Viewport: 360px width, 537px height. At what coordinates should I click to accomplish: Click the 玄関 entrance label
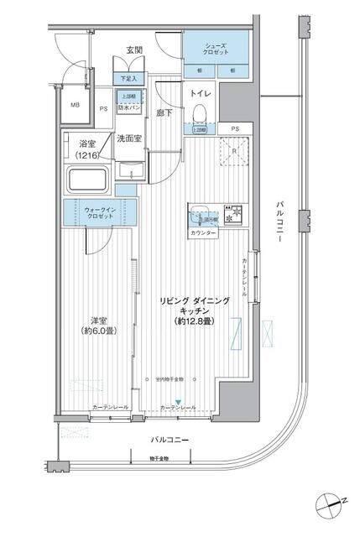point(134,50)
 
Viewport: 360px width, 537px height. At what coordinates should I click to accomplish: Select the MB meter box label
point(75,106)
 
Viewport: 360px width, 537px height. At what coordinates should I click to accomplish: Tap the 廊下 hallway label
point(164,112)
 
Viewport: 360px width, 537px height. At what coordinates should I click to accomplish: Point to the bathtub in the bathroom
point(88,182)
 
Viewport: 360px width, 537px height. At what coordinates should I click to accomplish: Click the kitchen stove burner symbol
point(236,213)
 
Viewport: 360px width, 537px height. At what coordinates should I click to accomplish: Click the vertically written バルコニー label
point(280,223)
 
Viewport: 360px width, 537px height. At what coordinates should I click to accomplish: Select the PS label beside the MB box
point(103,108)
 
